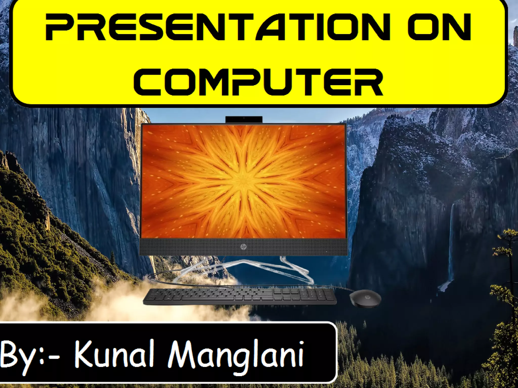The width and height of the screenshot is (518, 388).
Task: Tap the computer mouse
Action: (365, 298)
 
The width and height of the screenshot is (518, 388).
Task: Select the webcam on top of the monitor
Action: (244, 119)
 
